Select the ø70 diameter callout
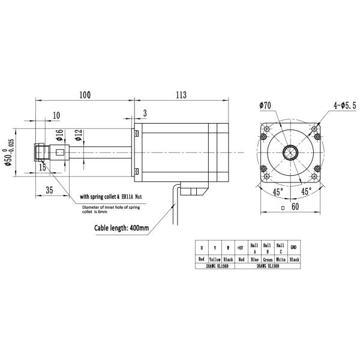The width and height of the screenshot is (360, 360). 266,105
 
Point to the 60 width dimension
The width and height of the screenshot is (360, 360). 295,207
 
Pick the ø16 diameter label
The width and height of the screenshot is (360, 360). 59,136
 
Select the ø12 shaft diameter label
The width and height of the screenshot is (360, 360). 77,136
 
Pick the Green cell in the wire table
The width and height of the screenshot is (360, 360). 268,259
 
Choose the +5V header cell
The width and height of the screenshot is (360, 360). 239,247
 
